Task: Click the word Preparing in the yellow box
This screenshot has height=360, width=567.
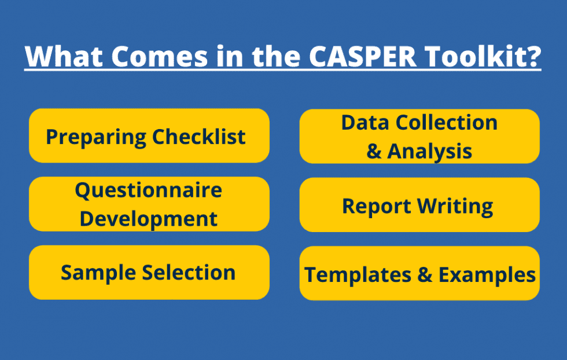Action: pos(96,137)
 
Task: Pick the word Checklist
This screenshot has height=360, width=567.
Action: pos(199,137)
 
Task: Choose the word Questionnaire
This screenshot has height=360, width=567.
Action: pos(149,190)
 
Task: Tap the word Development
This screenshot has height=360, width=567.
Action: pos(149,219)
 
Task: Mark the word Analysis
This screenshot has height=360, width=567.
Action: pos(430,151)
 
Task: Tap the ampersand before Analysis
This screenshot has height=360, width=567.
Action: pos(374,152)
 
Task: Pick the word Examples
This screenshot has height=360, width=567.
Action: pos(487,274)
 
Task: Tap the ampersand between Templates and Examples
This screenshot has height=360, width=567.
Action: pos(425,275)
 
